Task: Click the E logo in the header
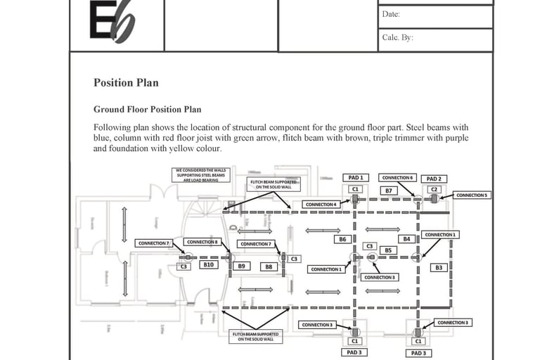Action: coord(112,21)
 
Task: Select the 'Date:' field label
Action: coord(391,14)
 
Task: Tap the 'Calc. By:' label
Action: coord(397,38)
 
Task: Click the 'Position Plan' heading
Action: coord(126,82)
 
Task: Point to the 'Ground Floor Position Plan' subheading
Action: coord(147,110)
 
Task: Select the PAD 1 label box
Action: coord(355,178)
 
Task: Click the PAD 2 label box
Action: coord(435,179)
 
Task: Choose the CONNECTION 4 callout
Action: coord(321,205)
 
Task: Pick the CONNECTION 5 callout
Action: coord(471,195)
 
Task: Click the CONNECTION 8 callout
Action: coord(202,242)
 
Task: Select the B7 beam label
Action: coord(387,191)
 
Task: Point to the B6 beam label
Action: coord(342,239)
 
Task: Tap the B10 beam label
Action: coord(208,265)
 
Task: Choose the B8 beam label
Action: coord(268,266)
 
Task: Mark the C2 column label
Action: coord(434,189)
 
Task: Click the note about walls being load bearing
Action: coord(197,175)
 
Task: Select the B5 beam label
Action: coord(387,250)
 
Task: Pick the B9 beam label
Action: coord(240,266)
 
